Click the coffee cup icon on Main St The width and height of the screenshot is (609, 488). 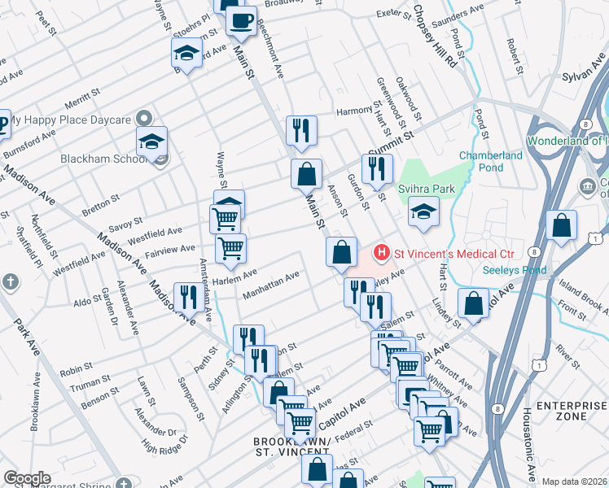coord(240,21)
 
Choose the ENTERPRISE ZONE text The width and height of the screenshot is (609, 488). coord(557,410)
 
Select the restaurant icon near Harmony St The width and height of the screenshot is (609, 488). coord(301,129)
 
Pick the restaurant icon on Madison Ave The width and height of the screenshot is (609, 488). coord(188,295)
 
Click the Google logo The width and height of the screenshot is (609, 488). coord(27,478)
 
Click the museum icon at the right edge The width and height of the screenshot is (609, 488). coord(587,187)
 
